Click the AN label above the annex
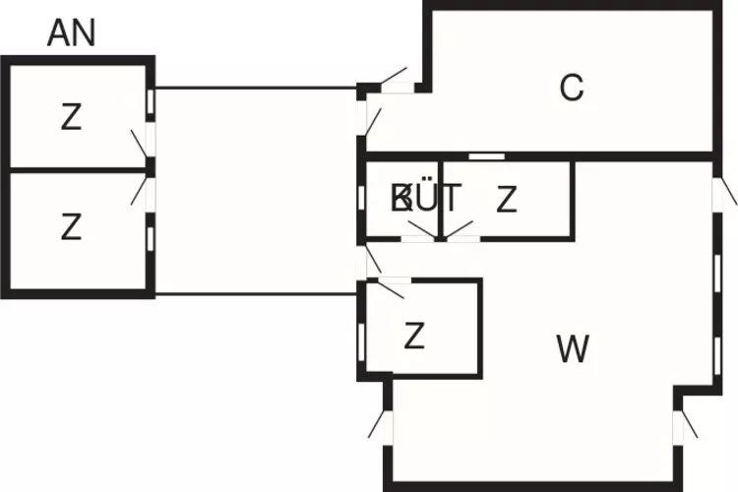click(72, 33)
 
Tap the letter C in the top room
click(571, 89)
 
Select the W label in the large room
click(573, 348)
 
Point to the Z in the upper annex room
click(71, 118)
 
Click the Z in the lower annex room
click(71, 228)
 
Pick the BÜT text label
click(425, 199)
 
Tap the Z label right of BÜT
click(507, 200)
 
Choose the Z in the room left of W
click(414, 337)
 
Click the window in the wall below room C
click(486, 156)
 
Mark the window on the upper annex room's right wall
click(151, 101)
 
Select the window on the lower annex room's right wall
click(151, 236)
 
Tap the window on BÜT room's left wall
click(362, 198)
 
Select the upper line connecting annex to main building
click(256, 88)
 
